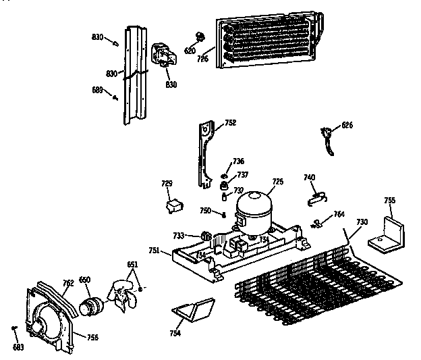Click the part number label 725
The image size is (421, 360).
click(x=277, y=181)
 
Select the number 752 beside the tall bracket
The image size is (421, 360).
click(x=230, y=123)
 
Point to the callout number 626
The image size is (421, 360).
click(x=347, y=125)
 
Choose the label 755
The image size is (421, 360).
click(x=389, y=200)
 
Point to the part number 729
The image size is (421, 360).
click(x=167, y=183)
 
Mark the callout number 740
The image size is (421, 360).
click(x=309, y=177)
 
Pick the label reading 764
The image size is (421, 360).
click(x=339, y=214)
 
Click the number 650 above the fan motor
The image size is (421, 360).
click(x=85, y=280)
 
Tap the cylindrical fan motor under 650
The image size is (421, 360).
click(x=90, y=305)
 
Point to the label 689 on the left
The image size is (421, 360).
click(x=97, y=89)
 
